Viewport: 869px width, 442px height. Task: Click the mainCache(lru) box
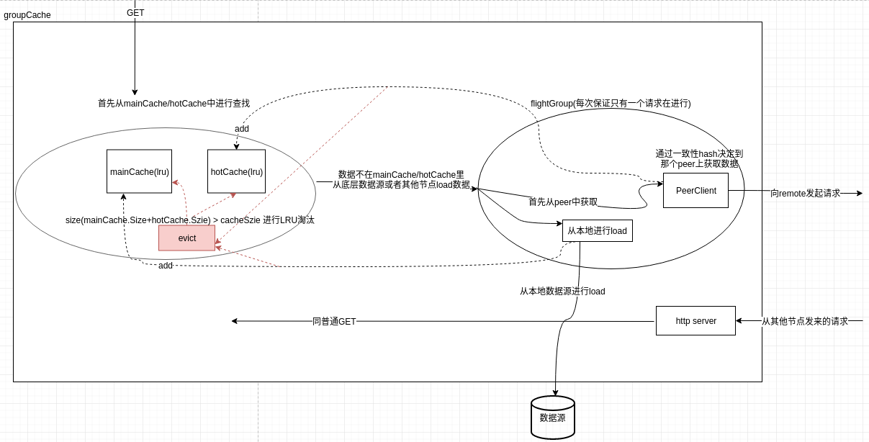pos(139,171)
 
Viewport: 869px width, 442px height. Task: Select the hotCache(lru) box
pos(236,171)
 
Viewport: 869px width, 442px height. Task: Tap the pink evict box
pos(186,238)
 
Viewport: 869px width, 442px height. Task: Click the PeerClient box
pos(695,191)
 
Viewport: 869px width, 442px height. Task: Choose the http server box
pos(695,321)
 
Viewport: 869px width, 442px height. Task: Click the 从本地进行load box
pos(597,231)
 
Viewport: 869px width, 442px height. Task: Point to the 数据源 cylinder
pos(552,418)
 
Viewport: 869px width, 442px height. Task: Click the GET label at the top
pos(135,13)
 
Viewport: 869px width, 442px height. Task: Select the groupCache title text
pos(27,15)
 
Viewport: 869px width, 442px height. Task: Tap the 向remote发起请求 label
pos(805,194)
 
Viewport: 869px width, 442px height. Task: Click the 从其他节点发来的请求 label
pos(804,322)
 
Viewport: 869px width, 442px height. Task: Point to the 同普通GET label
pos(334,322)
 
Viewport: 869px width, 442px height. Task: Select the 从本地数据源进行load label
pos(562,292)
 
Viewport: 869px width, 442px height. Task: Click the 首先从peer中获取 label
pos(562,202)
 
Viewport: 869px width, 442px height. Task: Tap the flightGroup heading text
pos(611,104)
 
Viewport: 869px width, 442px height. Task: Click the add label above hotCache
pos(242,129)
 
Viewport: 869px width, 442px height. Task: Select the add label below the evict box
pos(166,266)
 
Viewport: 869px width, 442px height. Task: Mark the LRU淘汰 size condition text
pos(190,220)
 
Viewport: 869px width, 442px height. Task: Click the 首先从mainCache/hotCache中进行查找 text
pos(174,104)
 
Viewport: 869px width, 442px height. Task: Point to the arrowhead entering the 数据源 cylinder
pos(555,393)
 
